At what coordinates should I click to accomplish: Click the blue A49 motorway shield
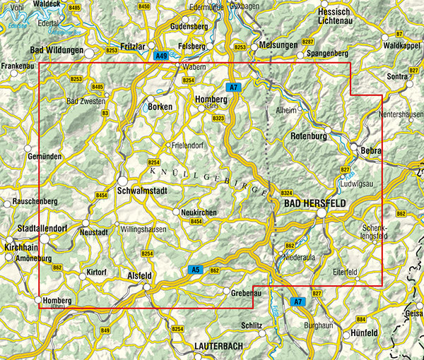(161, 56)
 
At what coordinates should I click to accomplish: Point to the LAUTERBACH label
(224, 347)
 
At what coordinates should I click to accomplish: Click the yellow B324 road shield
(286, 193)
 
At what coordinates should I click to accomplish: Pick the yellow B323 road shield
(218, 119)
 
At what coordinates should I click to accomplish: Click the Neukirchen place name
(198, 212)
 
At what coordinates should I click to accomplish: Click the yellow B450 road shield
(145, 6)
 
